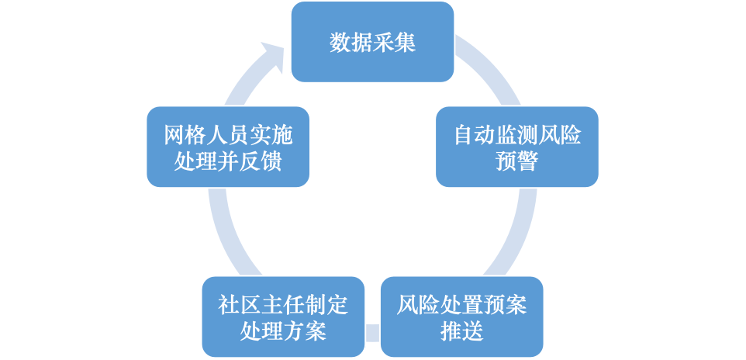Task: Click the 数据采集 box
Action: click(x=372, y=42)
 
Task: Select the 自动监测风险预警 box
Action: click(x=516, y=147)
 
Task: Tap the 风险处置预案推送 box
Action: click(x=461, y=317)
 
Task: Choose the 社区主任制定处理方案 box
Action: click(x=283, y=317)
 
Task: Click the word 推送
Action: click(x=461, y=331)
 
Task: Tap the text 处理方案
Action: click(x=283, y=331)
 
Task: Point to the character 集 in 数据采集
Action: click(x=406, y=42)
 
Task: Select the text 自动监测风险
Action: click(x=516, y=135)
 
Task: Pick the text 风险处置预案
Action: click(x=461, y=305)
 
